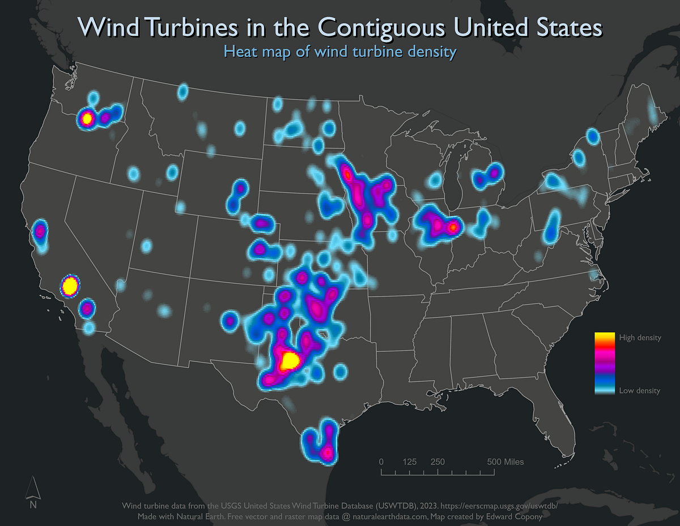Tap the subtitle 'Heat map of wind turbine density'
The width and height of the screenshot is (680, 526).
340,52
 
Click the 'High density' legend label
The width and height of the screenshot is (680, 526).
640,338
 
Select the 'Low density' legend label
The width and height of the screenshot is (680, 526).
639,390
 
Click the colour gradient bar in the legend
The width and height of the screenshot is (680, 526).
604,363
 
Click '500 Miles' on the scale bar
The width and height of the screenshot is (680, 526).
505,461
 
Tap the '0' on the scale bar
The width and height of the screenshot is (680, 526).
381,461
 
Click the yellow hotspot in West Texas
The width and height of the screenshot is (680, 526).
290,361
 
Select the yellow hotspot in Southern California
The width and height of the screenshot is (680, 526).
70,285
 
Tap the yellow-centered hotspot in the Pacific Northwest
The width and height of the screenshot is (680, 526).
87,118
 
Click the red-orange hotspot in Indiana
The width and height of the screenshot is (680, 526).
453,228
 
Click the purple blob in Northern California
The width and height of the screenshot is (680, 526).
40,231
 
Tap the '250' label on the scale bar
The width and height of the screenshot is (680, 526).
437,461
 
